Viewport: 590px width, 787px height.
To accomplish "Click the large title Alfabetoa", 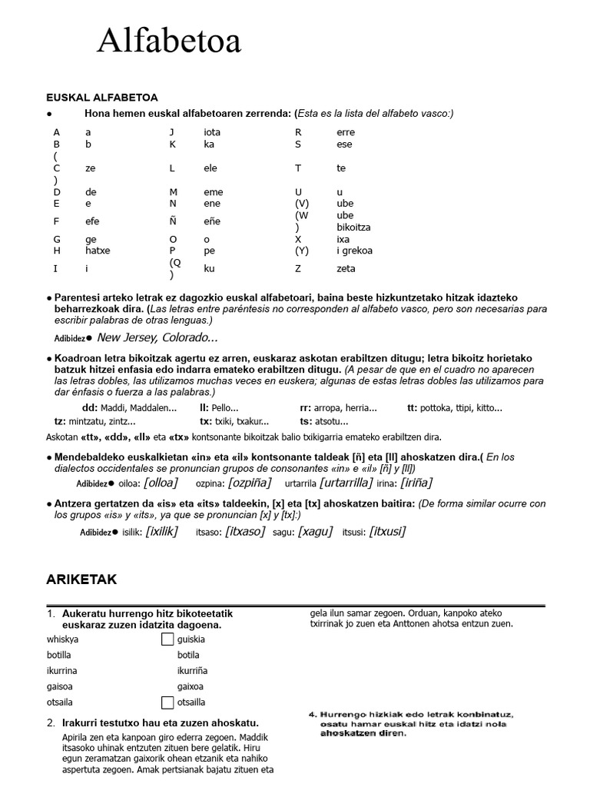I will tap(169, 41).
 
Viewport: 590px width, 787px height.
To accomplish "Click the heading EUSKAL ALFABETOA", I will tap(102, 98).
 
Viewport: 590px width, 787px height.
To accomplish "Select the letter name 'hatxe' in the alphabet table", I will tap(98, 251).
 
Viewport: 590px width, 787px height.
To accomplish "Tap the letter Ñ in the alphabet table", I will tap(173, 221).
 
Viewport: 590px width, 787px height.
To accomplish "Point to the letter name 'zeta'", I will tap(346, 269).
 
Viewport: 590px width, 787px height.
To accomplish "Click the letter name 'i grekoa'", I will tap(354, 251).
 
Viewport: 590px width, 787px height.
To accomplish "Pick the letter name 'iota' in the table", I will tap(212, 132).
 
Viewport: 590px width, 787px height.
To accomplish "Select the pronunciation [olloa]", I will tap(160, 482).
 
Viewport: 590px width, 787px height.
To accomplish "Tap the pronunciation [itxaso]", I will tap(245, 531).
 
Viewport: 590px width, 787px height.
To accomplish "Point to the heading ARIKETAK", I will tap(81, 579).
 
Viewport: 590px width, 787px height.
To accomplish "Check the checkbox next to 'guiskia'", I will tap(167, 639).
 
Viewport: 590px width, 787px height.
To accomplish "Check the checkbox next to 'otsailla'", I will tap(167, 702).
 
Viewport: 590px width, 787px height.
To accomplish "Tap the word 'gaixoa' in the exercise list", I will tap(191, 686).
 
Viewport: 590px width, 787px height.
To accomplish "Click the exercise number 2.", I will tap(51, 723).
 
